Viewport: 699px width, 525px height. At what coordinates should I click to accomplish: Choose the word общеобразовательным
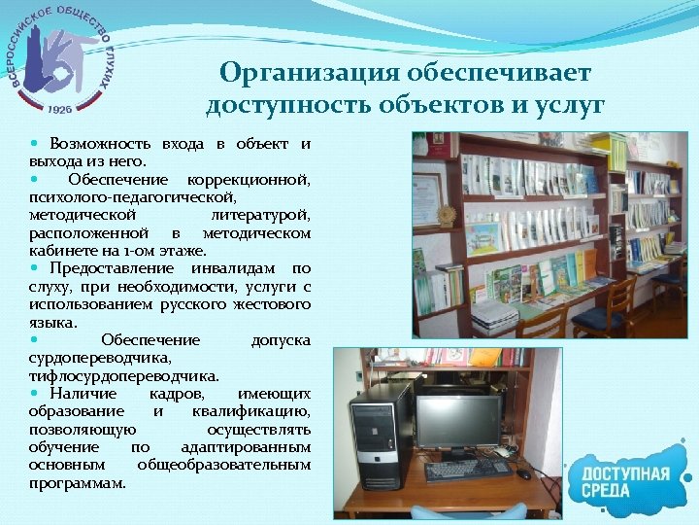tap(224, 465)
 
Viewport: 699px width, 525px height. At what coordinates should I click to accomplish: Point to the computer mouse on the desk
tap(523, 474)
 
